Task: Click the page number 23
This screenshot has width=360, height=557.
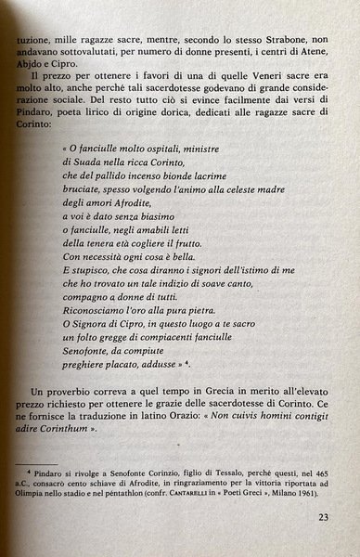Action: (x=320, y=518)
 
